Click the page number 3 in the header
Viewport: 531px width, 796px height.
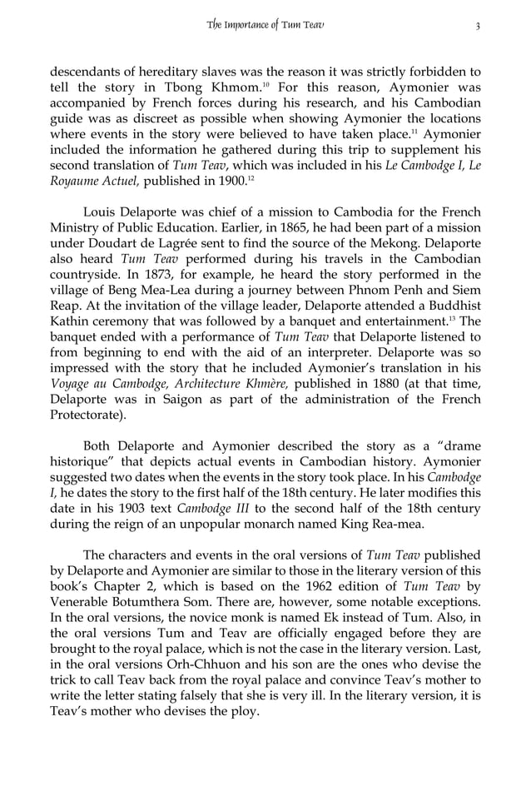(478, 25)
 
